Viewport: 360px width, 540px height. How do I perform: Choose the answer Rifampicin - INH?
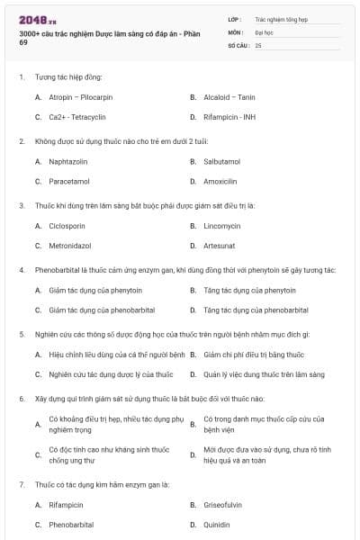230,117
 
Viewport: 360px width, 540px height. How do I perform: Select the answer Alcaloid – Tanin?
229,96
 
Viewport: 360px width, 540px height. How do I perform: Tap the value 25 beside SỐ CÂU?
258,44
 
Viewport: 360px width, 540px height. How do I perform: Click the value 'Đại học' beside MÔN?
264,31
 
